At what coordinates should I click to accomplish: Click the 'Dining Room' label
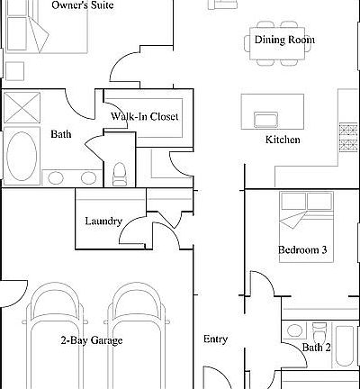click(284, 40)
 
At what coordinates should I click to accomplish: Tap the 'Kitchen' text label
click(282, 140)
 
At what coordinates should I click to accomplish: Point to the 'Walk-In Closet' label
click(144, 117)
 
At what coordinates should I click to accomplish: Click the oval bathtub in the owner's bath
click(23, 156)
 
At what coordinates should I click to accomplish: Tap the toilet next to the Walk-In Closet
click(120, 173)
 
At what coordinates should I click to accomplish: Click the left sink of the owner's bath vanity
click(56, 177)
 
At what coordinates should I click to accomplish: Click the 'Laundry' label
click(103, 221)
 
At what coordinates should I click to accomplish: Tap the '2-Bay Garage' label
click(92, 340)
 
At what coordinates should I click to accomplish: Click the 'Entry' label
click(215, 339)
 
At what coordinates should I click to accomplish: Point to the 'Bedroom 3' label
click(303, 250)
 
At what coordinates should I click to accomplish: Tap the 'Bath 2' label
click(316, 348)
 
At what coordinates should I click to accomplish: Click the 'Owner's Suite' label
click(84, 5)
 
